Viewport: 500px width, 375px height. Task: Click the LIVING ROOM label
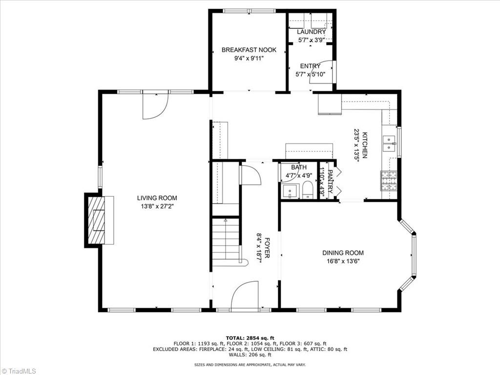click(157, 198)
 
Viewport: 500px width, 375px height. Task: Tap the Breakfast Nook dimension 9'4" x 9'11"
click(249, 59)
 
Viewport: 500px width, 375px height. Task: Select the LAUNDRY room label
click(311, 32)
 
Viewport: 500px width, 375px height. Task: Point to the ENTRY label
click(310, 66)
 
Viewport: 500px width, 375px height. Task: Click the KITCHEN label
click(364, 145)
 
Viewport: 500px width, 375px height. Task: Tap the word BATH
click(299, 167)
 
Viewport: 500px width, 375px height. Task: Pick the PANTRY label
click(331, 182)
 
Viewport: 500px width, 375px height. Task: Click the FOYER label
click(267, 248)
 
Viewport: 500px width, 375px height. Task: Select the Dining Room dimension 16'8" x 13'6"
click(343, 262)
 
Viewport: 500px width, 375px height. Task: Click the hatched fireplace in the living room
click(96, 220)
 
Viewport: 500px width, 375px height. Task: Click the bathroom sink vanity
click(290, 191)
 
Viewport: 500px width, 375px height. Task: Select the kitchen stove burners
click(389, 181)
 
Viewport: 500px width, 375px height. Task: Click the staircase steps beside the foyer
click(226, 239)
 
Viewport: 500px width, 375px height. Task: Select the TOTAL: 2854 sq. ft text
click(250, 338)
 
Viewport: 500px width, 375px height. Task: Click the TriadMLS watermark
click(19, 371)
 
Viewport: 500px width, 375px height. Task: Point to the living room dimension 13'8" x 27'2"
click(157, 207)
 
